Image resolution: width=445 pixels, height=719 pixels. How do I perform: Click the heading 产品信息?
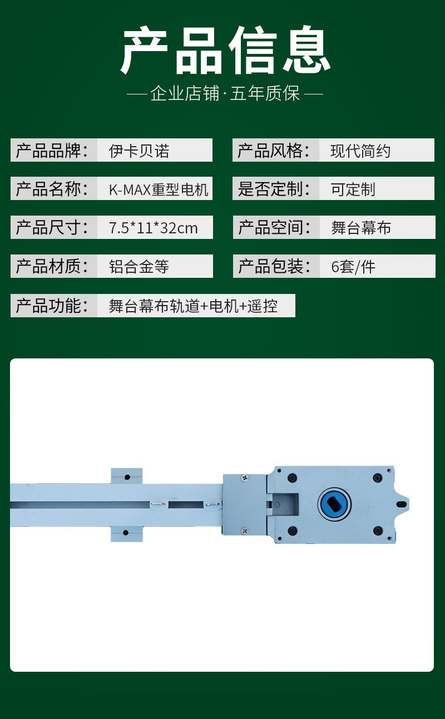click(x=225, y=51)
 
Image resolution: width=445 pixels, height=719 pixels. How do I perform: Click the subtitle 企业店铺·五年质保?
click(x=225, y=93)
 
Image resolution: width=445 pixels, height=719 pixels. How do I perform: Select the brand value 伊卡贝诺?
click(x=139, y=151)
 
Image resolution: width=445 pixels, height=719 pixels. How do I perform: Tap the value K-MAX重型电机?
click(x=159, y=189)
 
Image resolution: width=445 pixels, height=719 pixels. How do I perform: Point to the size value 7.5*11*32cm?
click(x=154, y=228)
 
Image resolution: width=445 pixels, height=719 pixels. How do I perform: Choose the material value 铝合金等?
click(x=139, y=267)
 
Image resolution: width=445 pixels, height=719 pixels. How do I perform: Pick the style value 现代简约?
click(x=360, y=151)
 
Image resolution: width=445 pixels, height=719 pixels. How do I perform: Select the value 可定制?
click(x=353, y=189)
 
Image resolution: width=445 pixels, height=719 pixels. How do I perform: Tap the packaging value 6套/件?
click(x=353, y=267)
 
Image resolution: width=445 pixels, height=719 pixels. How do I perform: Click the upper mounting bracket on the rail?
click(x=127, y=476)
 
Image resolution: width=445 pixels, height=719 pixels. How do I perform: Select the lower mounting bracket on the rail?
click(x=127, y=533)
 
